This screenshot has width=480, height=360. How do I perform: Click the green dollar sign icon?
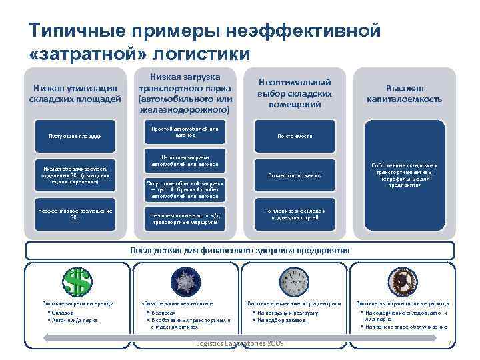tap(75, 281)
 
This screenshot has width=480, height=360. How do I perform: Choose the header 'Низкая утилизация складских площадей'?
tap(75, 94)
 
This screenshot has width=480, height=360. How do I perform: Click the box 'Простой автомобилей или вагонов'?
tap(185, 131)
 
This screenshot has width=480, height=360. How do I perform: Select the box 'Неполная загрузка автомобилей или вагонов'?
tap(185, 161)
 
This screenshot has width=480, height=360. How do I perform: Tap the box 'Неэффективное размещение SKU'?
tap(75, 214)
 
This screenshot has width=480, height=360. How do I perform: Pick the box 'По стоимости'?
tap(294, 136)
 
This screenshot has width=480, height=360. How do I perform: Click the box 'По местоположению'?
tap(294, 175)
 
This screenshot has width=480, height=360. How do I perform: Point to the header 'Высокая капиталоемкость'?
tap(404, 94)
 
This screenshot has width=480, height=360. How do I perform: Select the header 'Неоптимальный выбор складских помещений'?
tap(294, 93)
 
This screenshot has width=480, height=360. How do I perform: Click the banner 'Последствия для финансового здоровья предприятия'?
tap(240, 250)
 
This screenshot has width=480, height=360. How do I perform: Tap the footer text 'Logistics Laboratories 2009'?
tap(240, 343)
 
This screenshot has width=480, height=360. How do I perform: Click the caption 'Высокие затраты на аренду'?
tap(73, 303)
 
